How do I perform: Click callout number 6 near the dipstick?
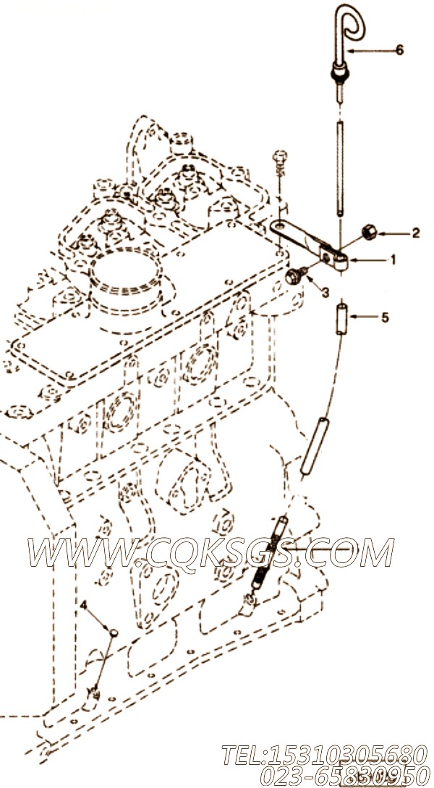pyautogui.click(x=399, y=50)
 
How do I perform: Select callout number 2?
pyautogui.click(x=415, y=233)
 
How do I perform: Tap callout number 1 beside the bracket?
pyautogui.click(x=393, y=260)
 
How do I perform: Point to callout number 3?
pyautogui.click(x=325, y=292)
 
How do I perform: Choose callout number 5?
pyautogui.click(x=385, y=317)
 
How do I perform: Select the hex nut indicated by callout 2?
pyautogui.click(x=368, y=233)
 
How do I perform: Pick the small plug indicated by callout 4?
pyautogui.click(x=114, y=632)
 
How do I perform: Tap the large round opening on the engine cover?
pyautogui.click(x=126, y=275)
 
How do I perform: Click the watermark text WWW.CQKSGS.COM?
pyautogui.click(x=211, y=552)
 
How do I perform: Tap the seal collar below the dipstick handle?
pyautogui.click(x=338, y=74)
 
